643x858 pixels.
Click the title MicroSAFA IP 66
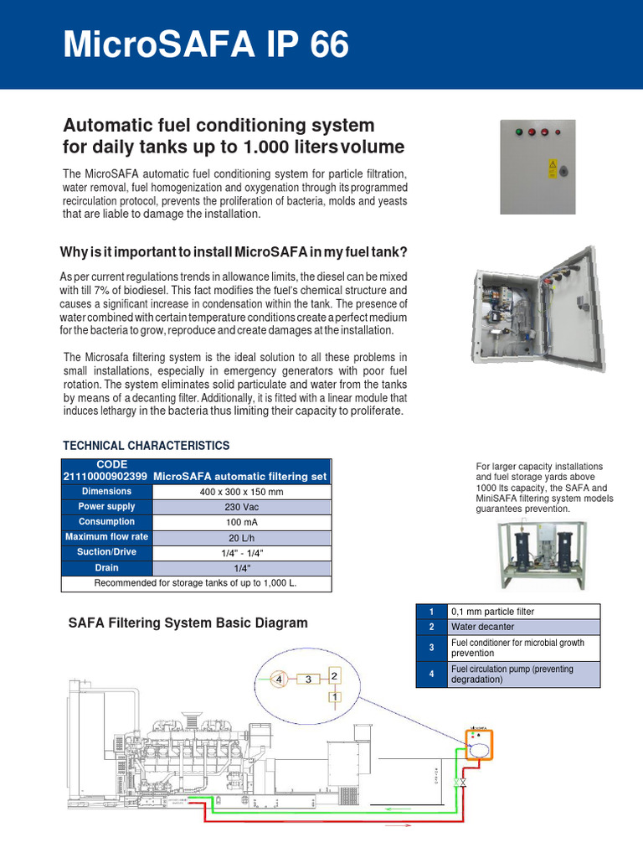(206, 44)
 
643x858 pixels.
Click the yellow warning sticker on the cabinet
(552, 165)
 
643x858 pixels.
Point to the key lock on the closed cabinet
(563, 171)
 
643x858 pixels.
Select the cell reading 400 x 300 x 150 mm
(242, 492)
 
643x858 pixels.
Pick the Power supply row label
(106, 507)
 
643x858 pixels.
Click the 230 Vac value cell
(242, 507)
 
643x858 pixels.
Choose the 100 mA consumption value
(242, 522)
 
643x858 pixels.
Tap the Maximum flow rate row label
(106, 537)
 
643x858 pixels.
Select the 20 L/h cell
(242, 537)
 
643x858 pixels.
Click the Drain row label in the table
(106, 568)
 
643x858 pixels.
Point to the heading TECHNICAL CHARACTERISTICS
(147, 446)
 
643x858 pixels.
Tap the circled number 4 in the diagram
(280, 680)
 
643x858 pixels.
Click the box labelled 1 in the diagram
(335, 695)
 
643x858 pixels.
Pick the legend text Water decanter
(482, 627)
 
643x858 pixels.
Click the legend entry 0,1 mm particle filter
(492, 612)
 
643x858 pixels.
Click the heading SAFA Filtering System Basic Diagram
(187, 623)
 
